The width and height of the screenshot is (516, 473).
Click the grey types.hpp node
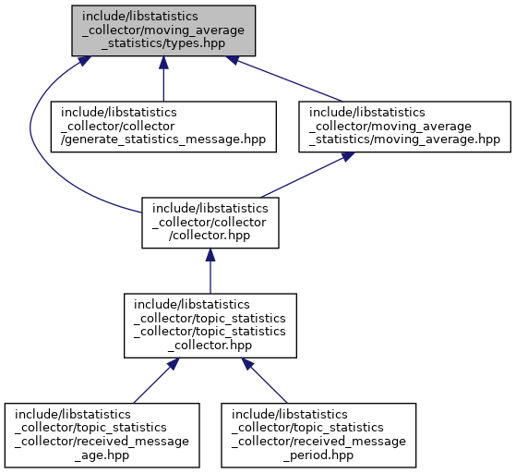tap(163, 30)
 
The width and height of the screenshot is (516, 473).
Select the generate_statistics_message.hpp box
tap(163, 127)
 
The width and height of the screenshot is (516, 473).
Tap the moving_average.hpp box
tap(405, 127)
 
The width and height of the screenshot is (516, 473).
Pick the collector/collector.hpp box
tap(210, 223)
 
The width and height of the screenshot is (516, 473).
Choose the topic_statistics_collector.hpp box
tap(210, 325)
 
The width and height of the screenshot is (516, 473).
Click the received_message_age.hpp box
tap(102, 435)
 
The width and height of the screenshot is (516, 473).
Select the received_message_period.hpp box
tap(318, 435)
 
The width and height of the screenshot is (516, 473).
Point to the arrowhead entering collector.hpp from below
tap(210, 255)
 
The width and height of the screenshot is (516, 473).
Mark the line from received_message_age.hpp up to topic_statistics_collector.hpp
tap(152, 384)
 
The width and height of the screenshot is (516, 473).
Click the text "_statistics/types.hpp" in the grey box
tap(163, 43)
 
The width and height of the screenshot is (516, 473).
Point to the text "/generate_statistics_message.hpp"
tap(163, 139)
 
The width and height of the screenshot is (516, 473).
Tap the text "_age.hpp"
tap(102, 455)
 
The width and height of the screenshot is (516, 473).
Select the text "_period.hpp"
tap(318, 455)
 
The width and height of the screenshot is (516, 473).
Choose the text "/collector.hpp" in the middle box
tap(210, 236)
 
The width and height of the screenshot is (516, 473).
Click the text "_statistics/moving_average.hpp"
tap(405, 139)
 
